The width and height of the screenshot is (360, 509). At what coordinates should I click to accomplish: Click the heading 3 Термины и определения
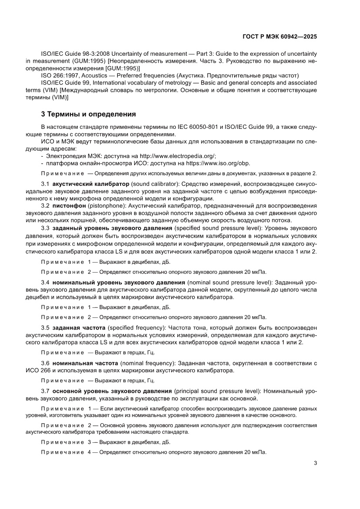tap(88, 115)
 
